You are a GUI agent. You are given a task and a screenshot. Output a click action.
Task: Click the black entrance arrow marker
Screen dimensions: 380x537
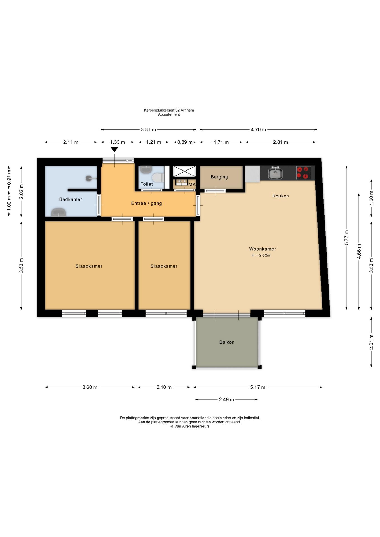tap(114, 149)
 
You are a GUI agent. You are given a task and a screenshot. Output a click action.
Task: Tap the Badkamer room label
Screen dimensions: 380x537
tap(71, 199)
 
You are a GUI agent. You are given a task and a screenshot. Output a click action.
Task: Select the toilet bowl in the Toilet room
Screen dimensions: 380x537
tap(158, 177)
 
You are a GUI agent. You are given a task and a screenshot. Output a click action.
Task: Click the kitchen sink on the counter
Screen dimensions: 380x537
tap(275, 173)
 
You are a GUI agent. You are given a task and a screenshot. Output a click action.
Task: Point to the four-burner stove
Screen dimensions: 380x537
tap(304, 173)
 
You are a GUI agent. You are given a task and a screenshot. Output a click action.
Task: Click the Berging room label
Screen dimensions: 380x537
tap(219, 177)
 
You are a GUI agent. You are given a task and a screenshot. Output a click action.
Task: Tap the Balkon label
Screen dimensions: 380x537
tap(227, 342)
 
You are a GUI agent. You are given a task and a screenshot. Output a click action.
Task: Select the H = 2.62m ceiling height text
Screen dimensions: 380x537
tap(261, 255)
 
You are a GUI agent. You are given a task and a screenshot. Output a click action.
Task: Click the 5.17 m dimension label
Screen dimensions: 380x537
tap(258, 387)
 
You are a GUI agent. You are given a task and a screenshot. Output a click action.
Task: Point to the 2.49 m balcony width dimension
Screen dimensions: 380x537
tap(226, 399)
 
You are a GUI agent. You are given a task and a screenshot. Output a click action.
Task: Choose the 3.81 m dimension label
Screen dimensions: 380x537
tap(148, 129)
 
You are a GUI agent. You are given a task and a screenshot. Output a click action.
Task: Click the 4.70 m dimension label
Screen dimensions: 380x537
tap(258, 129)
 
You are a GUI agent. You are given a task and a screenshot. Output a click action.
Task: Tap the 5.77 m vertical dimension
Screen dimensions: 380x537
tap(346, 237)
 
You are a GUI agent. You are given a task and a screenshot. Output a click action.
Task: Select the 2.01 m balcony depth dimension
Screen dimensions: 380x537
tap(371, 342)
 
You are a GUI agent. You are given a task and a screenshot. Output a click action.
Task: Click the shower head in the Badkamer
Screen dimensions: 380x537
tap(89, 178)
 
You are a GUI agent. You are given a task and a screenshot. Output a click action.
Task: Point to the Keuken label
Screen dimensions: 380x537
tap(281, 196)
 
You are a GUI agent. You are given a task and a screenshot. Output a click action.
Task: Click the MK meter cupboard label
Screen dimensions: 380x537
tap(192, 184)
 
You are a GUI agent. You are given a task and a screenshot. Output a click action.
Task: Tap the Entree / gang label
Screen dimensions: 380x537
tap(146, 203)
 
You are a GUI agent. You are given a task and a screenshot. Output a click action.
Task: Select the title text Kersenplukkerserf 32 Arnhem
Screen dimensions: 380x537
tap(169, 110)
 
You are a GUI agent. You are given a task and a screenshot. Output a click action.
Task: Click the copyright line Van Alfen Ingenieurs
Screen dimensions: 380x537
tap(190, 426)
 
